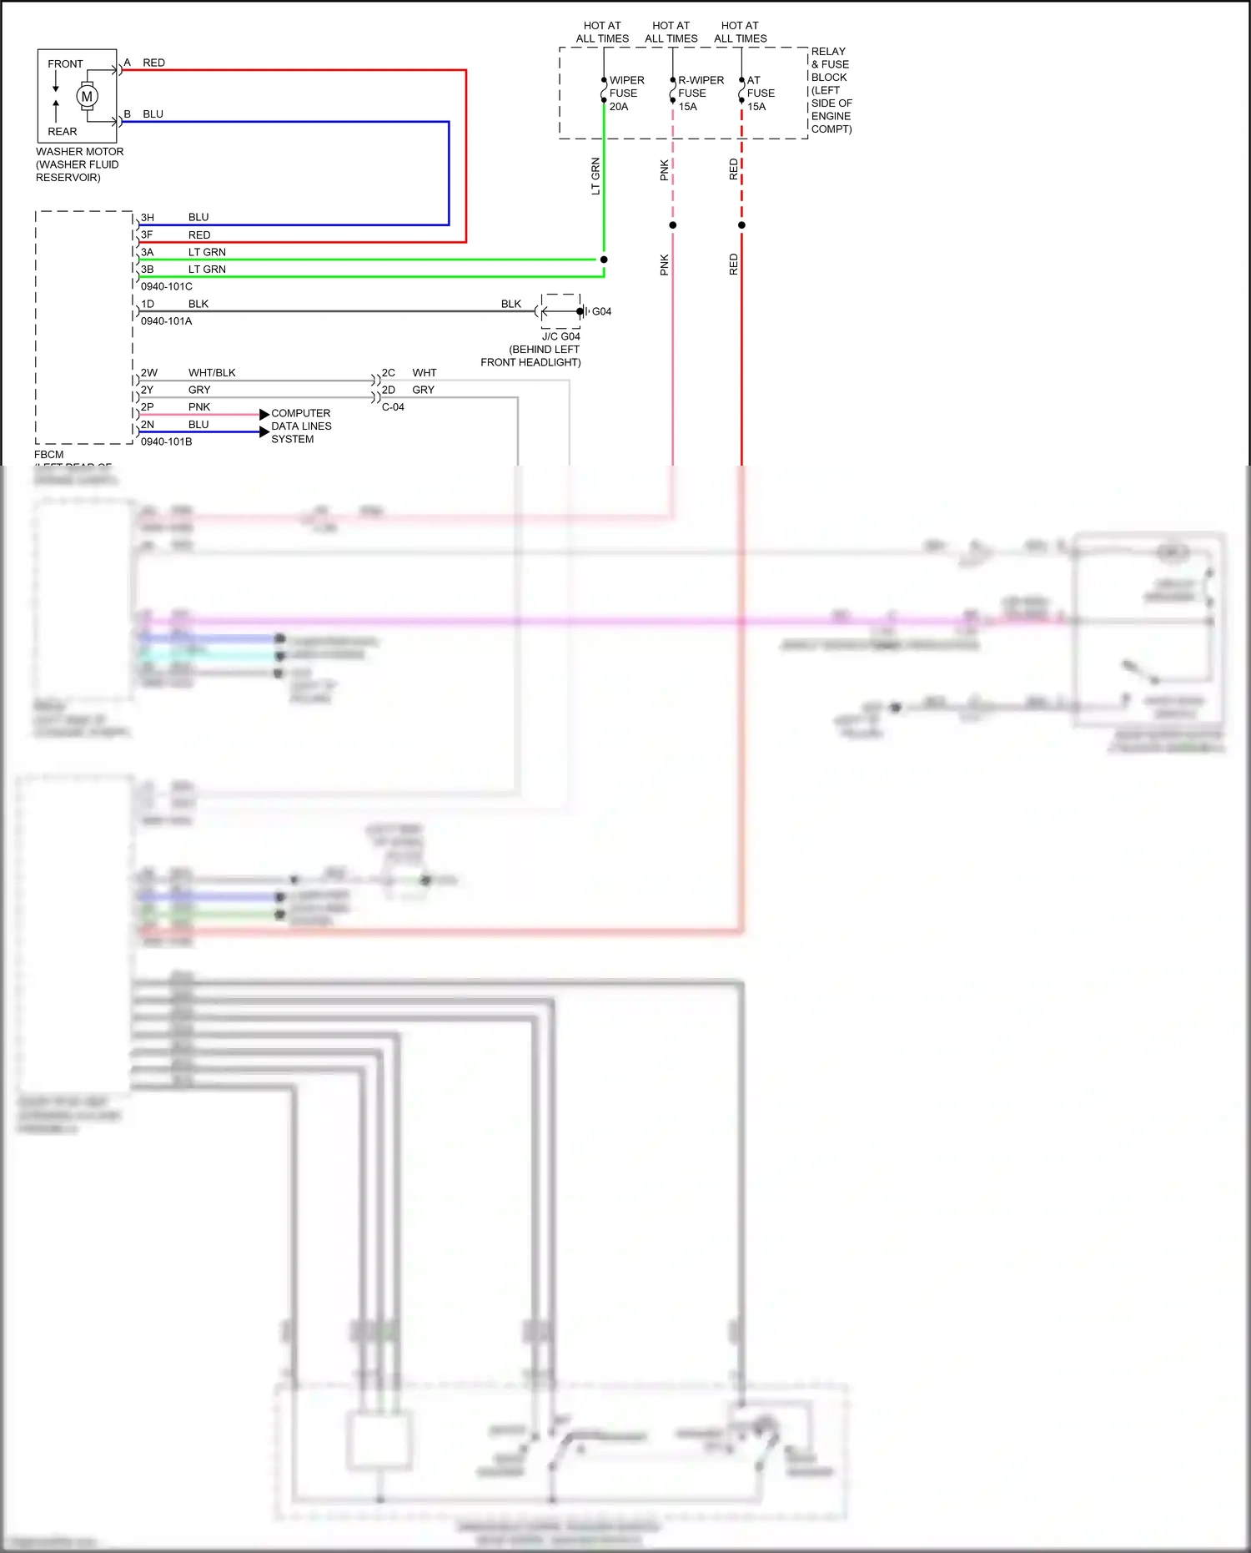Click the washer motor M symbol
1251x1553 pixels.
(87, 97)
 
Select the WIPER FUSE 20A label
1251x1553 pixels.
(625, 93)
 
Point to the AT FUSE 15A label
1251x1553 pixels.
(760, 93)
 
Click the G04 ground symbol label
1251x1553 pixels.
(601, 311)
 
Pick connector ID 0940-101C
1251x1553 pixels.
(166, 286)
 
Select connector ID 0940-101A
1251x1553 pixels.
(166, 321)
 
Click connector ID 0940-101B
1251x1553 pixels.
(166, 441)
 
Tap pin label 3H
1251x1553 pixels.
(148, 218)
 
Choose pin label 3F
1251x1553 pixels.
(147, 235)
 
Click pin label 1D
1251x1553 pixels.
(148, 305)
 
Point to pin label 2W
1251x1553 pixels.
(148, 373)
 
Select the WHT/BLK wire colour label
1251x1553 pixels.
(212, 373)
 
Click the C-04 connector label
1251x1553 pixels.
(393, 407)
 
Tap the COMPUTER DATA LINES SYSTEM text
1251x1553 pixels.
(301, 426)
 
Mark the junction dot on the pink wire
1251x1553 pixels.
(673, 225)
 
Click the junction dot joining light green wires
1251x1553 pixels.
(604, 260)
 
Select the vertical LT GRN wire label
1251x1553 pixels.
(595, 176)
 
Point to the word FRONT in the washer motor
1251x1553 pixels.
(65, 64)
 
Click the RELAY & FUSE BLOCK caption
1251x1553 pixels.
(831, 90)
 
